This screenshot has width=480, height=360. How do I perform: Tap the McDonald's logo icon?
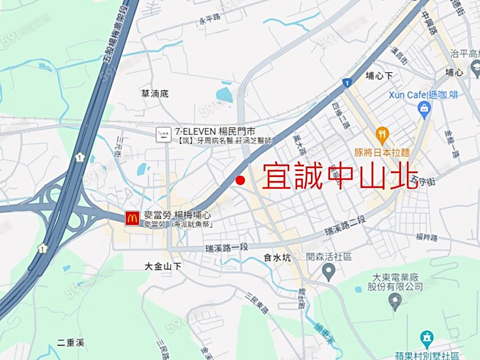click(x=132, y=217)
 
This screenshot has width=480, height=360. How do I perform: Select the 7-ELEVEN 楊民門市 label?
click(x=215, y=131)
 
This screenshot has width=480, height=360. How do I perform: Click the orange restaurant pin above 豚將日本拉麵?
click(x=382, y=134)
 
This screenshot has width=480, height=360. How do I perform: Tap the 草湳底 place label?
click(x=155, y=93)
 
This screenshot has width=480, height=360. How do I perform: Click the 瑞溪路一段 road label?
click(x=227, y=247)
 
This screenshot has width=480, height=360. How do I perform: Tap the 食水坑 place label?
click(x=277, y=258)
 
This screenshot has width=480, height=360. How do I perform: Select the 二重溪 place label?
click(x=70, y=342)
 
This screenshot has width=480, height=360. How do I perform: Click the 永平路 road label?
click(x=209, y=21)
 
